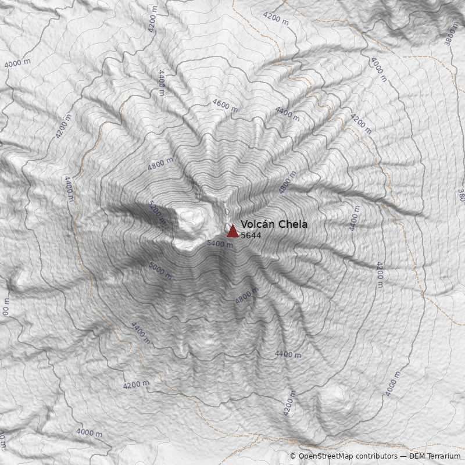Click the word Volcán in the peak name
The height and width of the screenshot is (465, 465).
coord(257,224)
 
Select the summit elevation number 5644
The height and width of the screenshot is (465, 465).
coord(251,235)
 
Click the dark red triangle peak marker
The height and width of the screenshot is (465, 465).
coord(233,231)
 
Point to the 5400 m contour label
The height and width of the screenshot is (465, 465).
coord(220,244)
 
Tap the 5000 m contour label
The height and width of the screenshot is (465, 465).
coord(160,270)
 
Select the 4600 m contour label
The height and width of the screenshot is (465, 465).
coord(225,106)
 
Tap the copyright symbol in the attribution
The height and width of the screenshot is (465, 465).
coord(293,456)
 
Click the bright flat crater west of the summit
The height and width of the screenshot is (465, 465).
coord(192,220)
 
